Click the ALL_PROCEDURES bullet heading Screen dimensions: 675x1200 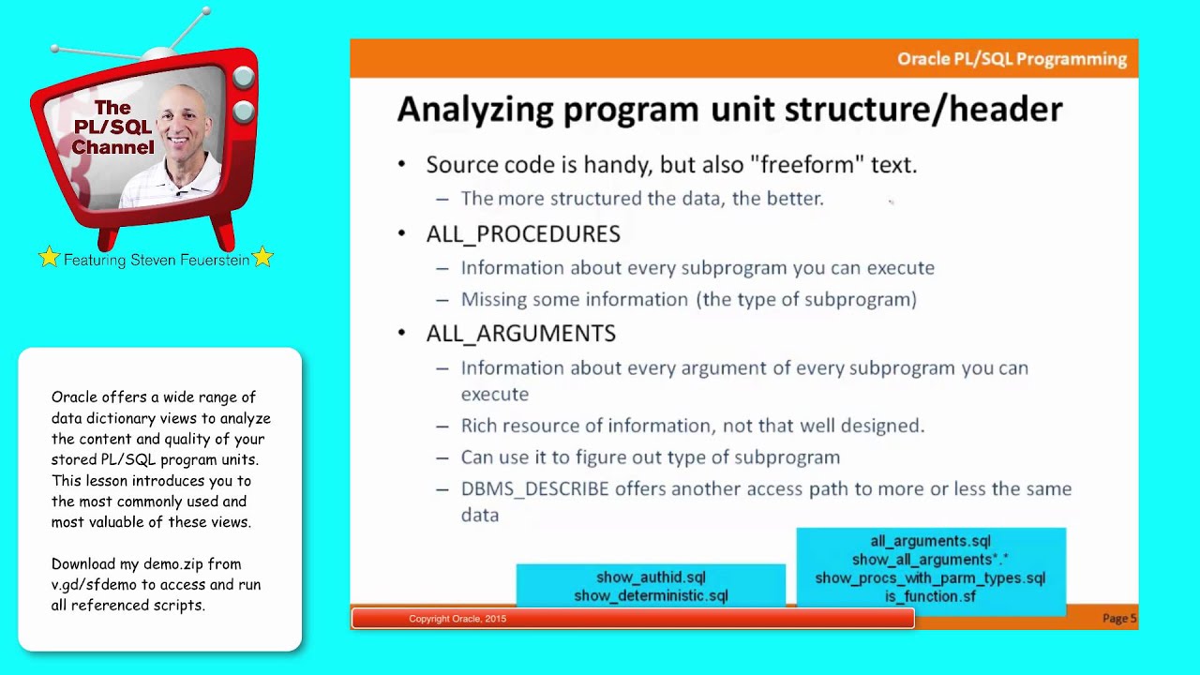tap(522, 233)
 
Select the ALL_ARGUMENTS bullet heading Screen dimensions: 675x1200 tap(520, 334)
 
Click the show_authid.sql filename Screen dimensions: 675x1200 tap(651, 577)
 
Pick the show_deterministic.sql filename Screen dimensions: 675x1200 tap(651, 596)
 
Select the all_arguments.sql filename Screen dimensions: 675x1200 tap(930, 541)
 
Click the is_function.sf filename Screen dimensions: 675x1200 tap(930, 596)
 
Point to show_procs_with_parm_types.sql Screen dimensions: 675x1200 tap(930, 578)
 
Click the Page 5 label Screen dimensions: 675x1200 tap(1119, 619)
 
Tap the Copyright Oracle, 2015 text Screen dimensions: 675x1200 tap(457, 619)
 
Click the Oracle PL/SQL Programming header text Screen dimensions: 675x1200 tap(1012, 59)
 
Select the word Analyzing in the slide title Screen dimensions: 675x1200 tap(474, 110)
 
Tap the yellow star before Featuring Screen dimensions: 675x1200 tap(49, 258)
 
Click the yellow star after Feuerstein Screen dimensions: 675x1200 tap(262, 257)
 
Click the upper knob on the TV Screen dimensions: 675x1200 tap(243, 78)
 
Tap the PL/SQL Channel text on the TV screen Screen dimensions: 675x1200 tap(112, 127)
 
